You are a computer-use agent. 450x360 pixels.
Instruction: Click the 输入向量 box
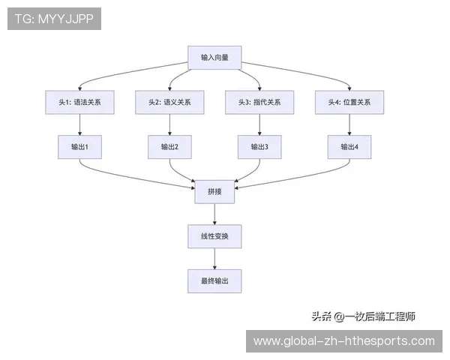214,57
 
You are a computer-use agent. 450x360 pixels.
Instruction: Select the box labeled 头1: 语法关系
79,102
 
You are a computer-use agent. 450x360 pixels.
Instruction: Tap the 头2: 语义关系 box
169,102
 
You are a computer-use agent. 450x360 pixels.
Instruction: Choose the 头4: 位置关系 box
349,102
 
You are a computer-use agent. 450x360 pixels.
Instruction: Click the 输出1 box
79,147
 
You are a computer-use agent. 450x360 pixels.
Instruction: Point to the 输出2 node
169,147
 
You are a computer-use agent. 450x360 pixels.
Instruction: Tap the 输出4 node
349,147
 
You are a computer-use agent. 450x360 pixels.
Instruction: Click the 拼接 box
214,191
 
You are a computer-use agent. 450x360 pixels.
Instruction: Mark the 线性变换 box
214,236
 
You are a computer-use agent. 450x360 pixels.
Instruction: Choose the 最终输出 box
214,281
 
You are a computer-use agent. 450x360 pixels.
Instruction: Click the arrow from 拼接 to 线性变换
214,214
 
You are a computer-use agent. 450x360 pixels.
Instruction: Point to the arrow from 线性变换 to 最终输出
214,259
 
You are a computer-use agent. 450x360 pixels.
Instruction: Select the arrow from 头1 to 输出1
79,124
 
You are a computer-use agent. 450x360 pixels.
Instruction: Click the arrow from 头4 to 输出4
349,124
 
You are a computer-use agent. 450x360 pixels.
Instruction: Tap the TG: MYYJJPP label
54,19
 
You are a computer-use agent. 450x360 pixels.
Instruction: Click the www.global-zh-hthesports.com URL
344,341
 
